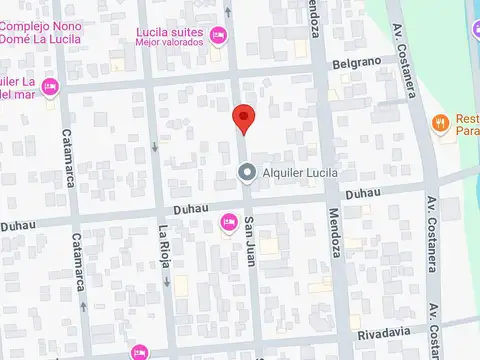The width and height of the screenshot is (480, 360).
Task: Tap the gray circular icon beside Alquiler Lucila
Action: tap(246, 173)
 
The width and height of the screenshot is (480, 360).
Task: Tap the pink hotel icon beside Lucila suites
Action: tap(220, 37)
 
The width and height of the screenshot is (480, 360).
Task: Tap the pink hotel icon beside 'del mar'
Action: tap(51, 87)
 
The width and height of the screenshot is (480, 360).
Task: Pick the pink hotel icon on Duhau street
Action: tap(228, 220)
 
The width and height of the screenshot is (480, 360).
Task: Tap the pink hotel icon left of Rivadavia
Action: tap(138, 351)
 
